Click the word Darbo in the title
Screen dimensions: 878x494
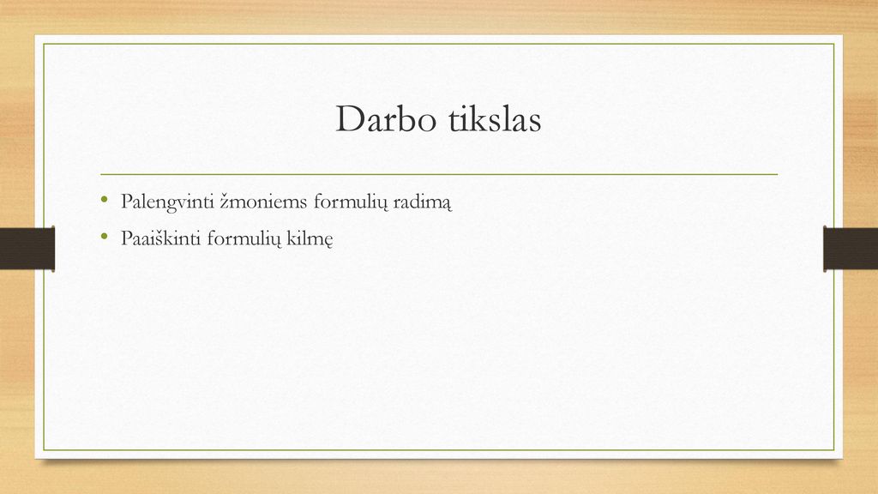(x=386, y=118)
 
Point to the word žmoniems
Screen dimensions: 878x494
(x=263, y=201)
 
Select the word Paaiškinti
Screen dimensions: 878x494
(x=161, y=238)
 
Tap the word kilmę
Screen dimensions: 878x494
(x=310, y=239)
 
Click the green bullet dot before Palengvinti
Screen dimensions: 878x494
(x=104, y=198)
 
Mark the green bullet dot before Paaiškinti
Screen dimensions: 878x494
(x=104, y=236)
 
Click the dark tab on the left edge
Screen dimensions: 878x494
(x=27, y=249)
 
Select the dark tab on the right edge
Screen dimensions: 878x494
(x=851, y=249)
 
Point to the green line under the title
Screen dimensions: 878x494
(x=439, y=174)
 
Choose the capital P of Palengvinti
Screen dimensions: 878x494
(x=127, y=201)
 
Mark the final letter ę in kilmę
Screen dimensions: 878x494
(x=328, y=241)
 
